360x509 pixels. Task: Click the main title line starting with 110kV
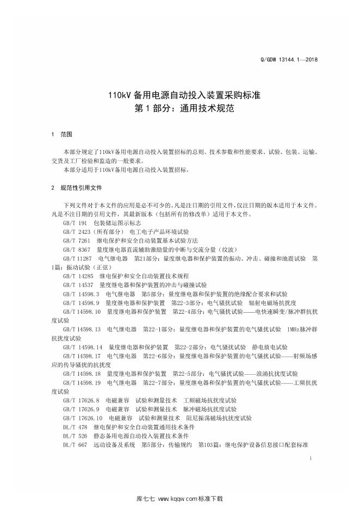[180, 95]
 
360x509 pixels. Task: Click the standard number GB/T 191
[75, 224]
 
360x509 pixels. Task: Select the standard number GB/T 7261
[77, 240]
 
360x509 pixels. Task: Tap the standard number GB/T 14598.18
[82, 374]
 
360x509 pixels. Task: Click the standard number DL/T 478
[75, 427]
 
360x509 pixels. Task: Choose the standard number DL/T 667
[75, 445]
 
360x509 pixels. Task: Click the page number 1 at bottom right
[309, 459]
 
